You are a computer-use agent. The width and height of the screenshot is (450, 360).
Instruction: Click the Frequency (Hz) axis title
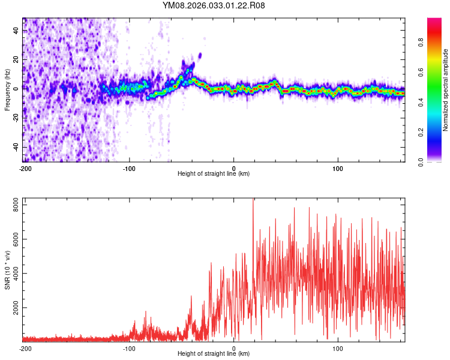pos(7,89)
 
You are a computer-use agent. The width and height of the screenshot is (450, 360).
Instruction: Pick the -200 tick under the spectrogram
pos(25,167)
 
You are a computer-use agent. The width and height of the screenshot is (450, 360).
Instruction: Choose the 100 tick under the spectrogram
pos(338,167)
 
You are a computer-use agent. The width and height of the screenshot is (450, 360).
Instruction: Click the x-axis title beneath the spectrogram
pos(214,173)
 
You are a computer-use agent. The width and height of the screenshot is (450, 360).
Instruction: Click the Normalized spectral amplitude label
pos(446,89)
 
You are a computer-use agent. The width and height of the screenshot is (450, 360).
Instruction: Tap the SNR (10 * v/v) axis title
pos(7,270)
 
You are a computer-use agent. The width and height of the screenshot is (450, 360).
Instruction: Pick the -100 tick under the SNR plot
pos(129,348)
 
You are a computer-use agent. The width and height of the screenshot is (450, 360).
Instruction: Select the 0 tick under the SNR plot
pos(234,348)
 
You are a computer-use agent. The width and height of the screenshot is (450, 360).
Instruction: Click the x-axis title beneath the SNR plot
pos(214,354)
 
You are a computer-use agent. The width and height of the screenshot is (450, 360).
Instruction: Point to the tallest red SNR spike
pos(253,200)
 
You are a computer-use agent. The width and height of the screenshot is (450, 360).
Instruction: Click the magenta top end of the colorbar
pos(434,20)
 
